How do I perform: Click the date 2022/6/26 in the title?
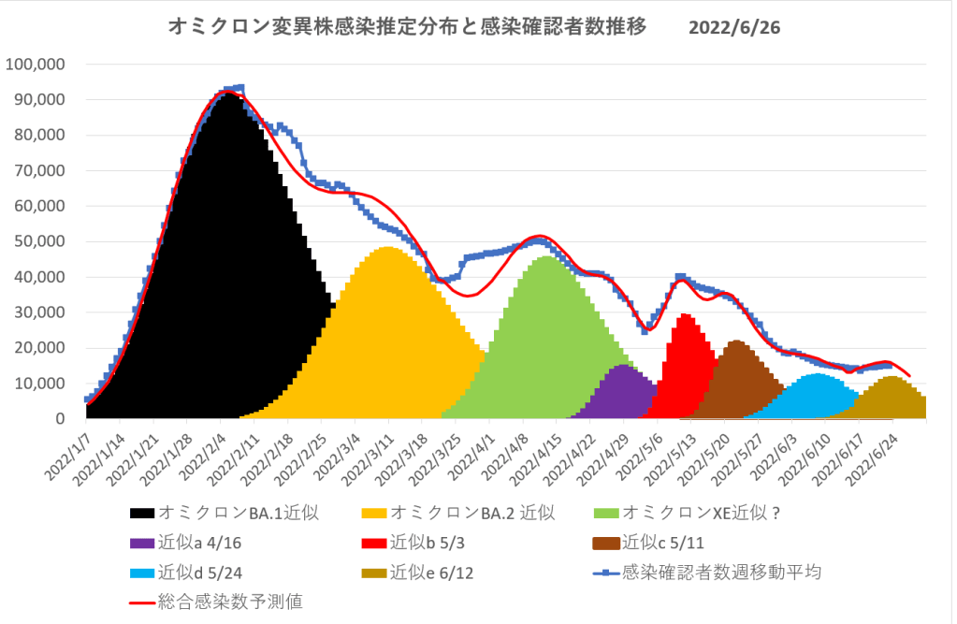733,27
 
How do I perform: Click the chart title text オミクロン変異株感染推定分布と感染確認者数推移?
407,27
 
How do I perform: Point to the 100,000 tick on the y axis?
35,65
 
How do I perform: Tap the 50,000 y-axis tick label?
38,241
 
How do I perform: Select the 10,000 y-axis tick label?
38,384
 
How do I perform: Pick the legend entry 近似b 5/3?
430,543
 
